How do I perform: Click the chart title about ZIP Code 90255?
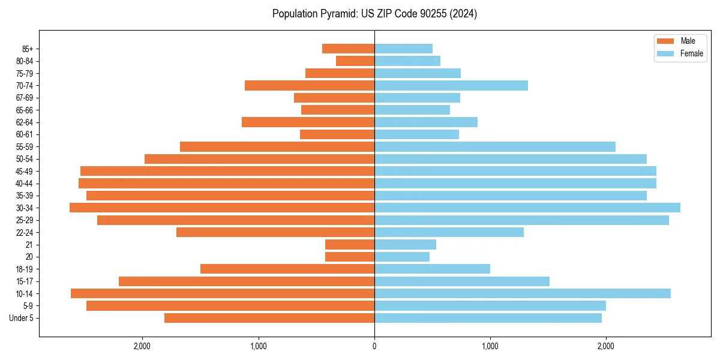374,14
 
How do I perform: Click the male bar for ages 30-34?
222,208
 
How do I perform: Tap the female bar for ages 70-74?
451,85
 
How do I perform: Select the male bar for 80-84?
355,61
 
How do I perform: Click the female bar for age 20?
402,257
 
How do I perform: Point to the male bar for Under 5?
269,318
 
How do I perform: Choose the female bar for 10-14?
523,293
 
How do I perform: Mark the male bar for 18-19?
287,269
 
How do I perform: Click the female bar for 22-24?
449,232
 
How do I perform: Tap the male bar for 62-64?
308,122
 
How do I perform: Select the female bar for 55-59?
495,146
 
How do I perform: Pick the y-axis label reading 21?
29,245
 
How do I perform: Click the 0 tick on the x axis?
374,346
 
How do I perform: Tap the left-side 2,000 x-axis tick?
142,346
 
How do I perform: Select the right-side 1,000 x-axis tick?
490,346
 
